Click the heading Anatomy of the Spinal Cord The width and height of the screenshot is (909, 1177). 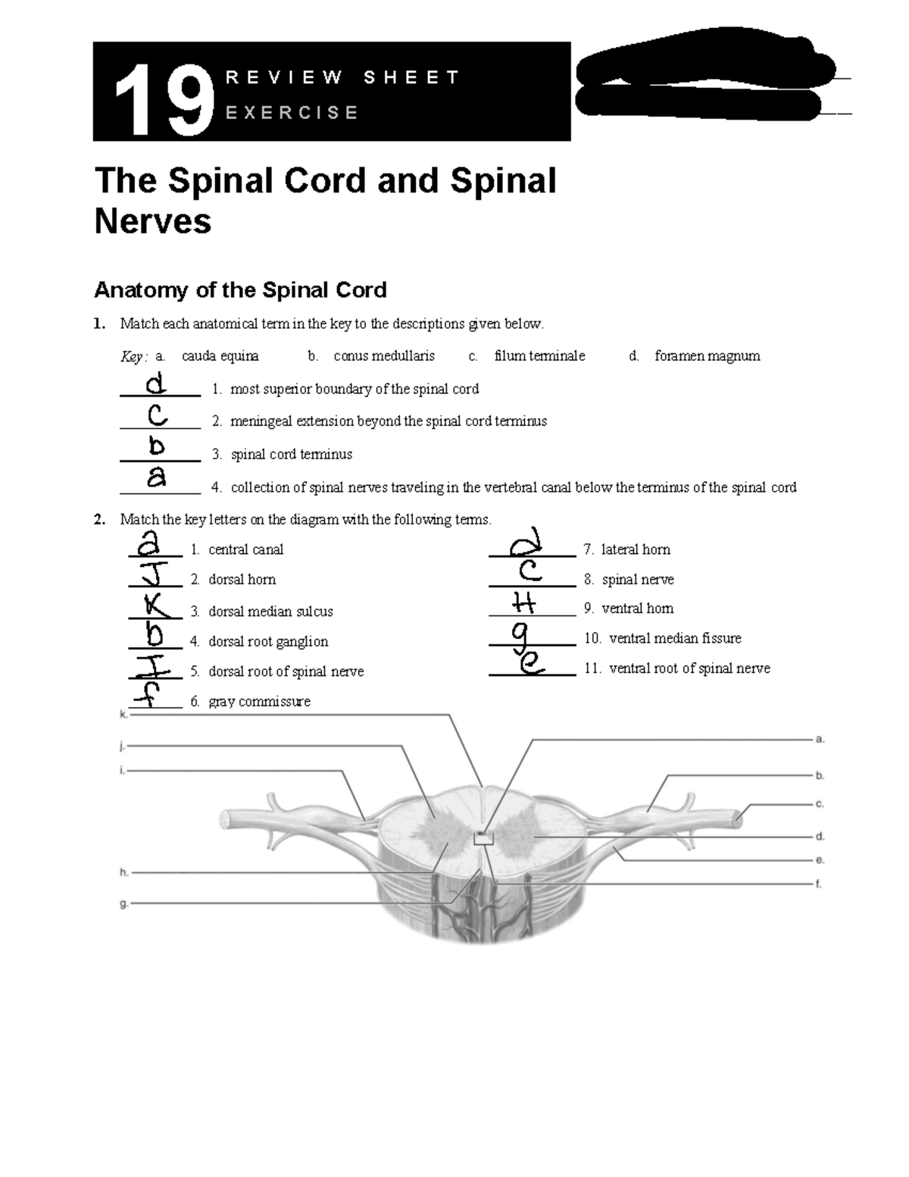click(x=239, y=290)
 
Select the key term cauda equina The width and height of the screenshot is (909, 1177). click(x=220, y=356)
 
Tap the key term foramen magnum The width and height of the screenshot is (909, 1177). click(x=707, y=356)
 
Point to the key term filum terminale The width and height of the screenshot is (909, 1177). click(x=539, y=356)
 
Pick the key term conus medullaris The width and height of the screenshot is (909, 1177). click(x=384, y=356)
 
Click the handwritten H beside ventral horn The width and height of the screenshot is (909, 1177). click(x=523, y=604)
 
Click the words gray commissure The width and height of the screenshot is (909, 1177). click(x=259, y=702)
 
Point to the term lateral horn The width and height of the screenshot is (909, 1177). click(x=636, y=549)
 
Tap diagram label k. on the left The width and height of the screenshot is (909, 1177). click(x=123, y=714)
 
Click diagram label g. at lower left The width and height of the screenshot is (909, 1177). click(x=123, y=903)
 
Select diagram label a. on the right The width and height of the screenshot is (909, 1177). click(x=820, y=739)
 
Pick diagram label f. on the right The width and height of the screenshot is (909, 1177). click(x=819, y=884)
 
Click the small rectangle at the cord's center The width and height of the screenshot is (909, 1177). click(x=483, y=837)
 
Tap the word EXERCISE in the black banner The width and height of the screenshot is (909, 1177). click(x=292, y=113)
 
